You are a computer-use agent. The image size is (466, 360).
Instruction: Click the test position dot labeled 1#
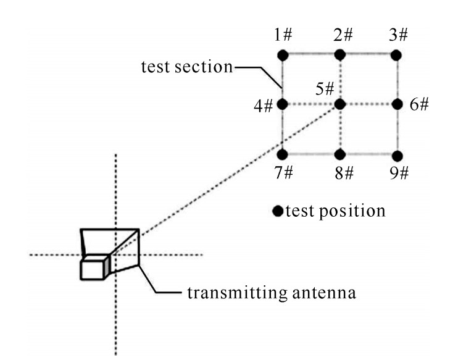(283, 55)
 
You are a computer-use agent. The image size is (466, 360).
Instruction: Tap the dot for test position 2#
(339, 55)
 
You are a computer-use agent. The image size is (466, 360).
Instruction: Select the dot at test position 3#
(396, 55)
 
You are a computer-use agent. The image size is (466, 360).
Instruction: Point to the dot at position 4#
(283, 105)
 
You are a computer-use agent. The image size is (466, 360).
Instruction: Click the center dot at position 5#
(339, 105)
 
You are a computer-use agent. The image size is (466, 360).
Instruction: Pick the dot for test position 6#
(396, 105)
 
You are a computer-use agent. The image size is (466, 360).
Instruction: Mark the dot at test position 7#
(283, 154)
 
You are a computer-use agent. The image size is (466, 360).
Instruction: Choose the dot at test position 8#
(339, 154)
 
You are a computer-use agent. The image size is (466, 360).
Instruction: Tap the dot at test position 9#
(396, 154)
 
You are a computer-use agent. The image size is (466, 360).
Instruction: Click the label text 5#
(325, 88)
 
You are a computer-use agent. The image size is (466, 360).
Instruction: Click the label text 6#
(419, 105)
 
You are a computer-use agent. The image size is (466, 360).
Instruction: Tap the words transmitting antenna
(271, 291)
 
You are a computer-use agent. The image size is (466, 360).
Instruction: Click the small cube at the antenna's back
(94, 268)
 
